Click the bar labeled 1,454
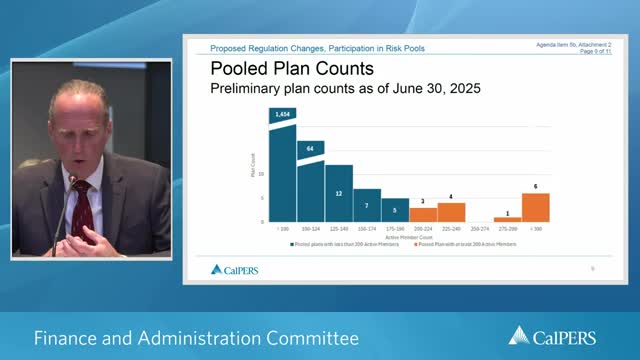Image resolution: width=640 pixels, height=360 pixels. pyautogui.click(x=283, y=170)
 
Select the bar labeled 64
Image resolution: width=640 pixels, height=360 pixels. pyautogui.click(x=311, y=185)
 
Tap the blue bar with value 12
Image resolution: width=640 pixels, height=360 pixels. pyautogui.click(x=339, y=194)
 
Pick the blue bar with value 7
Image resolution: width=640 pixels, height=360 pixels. pyautogui.click(x=367, y=206)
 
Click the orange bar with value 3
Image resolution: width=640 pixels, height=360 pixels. pyautogui.click(x=423, y=215)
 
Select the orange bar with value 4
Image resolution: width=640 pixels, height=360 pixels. pyautogui.click(x=451, y=212)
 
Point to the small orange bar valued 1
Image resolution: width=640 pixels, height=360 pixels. pyautogui.click(x=508, y=219)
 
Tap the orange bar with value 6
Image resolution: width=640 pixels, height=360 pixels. pyautogui.click(x=536, y=208)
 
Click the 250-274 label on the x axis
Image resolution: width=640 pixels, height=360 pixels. pyautogui.click(x=480, y=229)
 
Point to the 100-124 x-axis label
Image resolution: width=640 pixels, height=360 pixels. pyautogui.click(x=311, y=229)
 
